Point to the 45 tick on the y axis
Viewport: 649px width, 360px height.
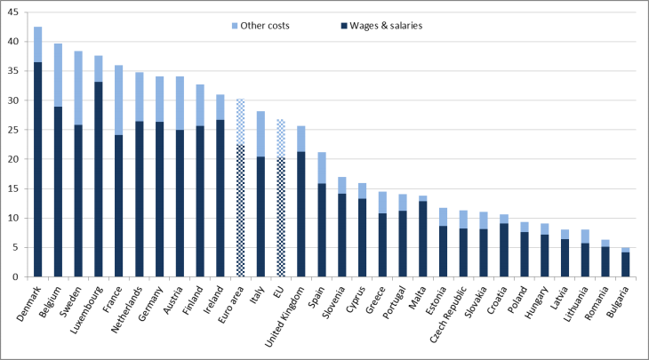pos(16,12)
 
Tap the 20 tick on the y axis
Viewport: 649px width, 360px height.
pos(16,159)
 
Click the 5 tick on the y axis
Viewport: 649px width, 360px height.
pos(19,247)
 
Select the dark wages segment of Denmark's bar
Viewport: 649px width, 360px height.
pos(38,169)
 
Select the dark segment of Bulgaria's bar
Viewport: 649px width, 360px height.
pos(624,264)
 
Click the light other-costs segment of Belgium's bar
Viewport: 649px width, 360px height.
pos(59,75)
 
